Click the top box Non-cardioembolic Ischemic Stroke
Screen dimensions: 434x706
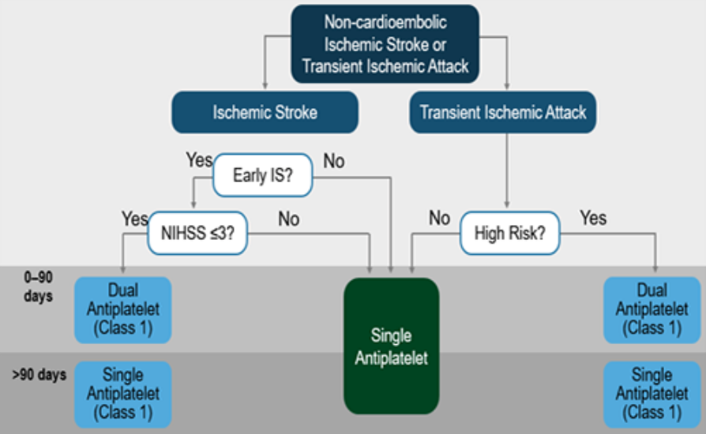[385, 43]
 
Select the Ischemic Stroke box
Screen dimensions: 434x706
[265, 112]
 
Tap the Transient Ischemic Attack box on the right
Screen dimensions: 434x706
[503, 112]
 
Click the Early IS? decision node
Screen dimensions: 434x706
[262, 175]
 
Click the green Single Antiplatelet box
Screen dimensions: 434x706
[391, 346]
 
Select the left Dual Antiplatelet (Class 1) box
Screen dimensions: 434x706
[122, 310]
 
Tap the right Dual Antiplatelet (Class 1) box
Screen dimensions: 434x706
[652, 310]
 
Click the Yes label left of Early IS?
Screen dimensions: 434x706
[199, 160]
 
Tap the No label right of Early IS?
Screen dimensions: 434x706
[333, 161]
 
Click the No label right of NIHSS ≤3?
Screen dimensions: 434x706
[288, 219]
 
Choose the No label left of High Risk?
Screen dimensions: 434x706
[439, 218]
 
